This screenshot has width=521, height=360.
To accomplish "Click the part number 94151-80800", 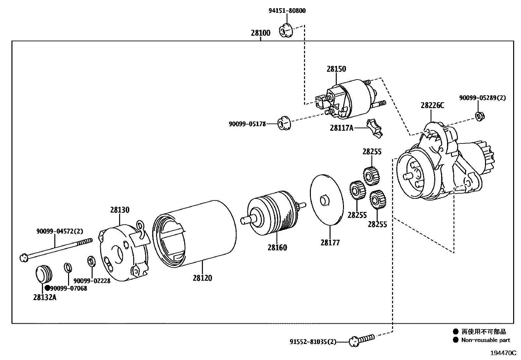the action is coord(287,11).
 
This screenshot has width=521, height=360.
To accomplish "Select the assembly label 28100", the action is coord(260,33).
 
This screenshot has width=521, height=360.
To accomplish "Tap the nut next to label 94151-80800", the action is coord(286,30).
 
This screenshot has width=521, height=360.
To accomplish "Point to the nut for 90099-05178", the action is coord(284,123).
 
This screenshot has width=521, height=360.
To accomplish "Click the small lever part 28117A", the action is coord(375,129).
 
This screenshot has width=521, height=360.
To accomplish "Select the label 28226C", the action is coord(432,105).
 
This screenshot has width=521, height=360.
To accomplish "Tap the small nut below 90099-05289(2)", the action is coord(479,116).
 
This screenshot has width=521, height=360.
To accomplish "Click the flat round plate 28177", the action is coord(327,200).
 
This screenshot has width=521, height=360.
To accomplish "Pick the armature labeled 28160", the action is coord(273,213).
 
